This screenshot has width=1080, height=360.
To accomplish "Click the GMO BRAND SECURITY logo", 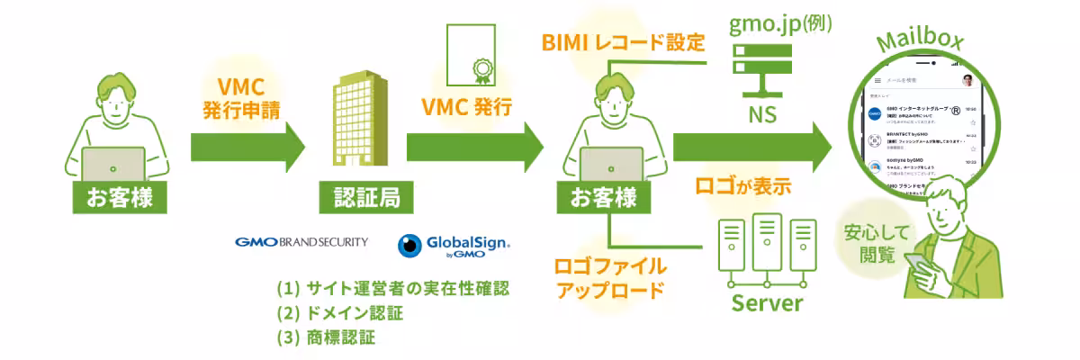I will click(x=301, y=242).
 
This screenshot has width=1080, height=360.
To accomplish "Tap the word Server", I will click(x=766, y=301).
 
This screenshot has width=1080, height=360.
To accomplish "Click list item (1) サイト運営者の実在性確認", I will click(x=393, y=290).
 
